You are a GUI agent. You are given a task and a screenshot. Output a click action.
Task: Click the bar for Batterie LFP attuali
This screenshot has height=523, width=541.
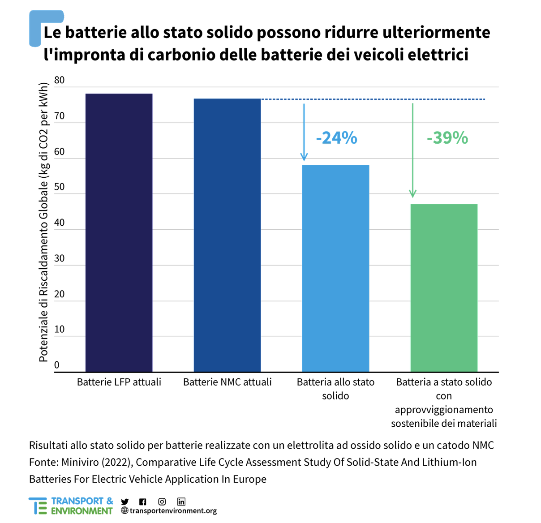pos(119,232)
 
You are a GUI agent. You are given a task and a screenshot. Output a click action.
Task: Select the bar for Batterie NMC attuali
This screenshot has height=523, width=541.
pos(227,235)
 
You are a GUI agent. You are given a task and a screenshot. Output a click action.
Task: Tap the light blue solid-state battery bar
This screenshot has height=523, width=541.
pos(335,269)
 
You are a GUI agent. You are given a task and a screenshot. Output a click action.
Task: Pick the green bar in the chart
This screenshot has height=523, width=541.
pos(444,288)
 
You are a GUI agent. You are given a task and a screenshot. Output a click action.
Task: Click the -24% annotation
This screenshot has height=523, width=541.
pos(336,137)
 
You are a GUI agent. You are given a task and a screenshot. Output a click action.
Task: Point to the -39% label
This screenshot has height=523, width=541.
pos(447,137)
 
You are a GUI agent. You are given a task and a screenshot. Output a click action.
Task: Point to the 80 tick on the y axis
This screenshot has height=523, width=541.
pos(59,80)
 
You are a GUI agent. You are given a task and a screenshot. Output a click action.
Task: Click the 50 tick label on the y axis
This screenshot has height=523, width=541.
pos(59,187)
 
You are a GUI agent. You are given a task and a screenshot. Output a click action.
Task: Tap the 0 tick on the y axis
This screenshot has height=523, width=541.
pos(57,364)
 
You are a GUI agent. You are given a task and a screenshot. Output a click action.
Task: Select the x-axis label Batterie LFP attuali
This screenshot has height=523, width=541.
pos(119,382)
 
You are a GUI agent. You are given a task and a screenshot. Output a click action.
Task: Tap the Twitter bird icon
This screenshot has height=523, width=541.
pos(125,502)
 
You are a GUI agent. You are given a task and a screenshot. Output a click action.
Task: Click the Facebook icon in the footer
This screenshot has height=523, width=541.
pos(142,502)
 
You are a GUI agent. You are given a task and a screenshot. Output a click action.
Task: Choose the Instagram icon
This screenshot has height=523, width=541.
pos(162,502)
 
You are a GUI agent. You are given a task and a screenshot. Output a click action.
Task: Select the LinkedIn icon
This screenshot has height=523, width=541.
pos(181,502)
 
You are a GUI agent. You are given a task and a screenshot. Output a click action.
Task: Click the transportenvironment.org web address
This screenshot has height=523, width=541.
pos(173,510)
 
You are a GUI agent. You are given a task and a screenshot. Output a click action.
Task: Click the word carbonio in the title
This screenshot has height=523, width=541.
pos(181,55)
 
